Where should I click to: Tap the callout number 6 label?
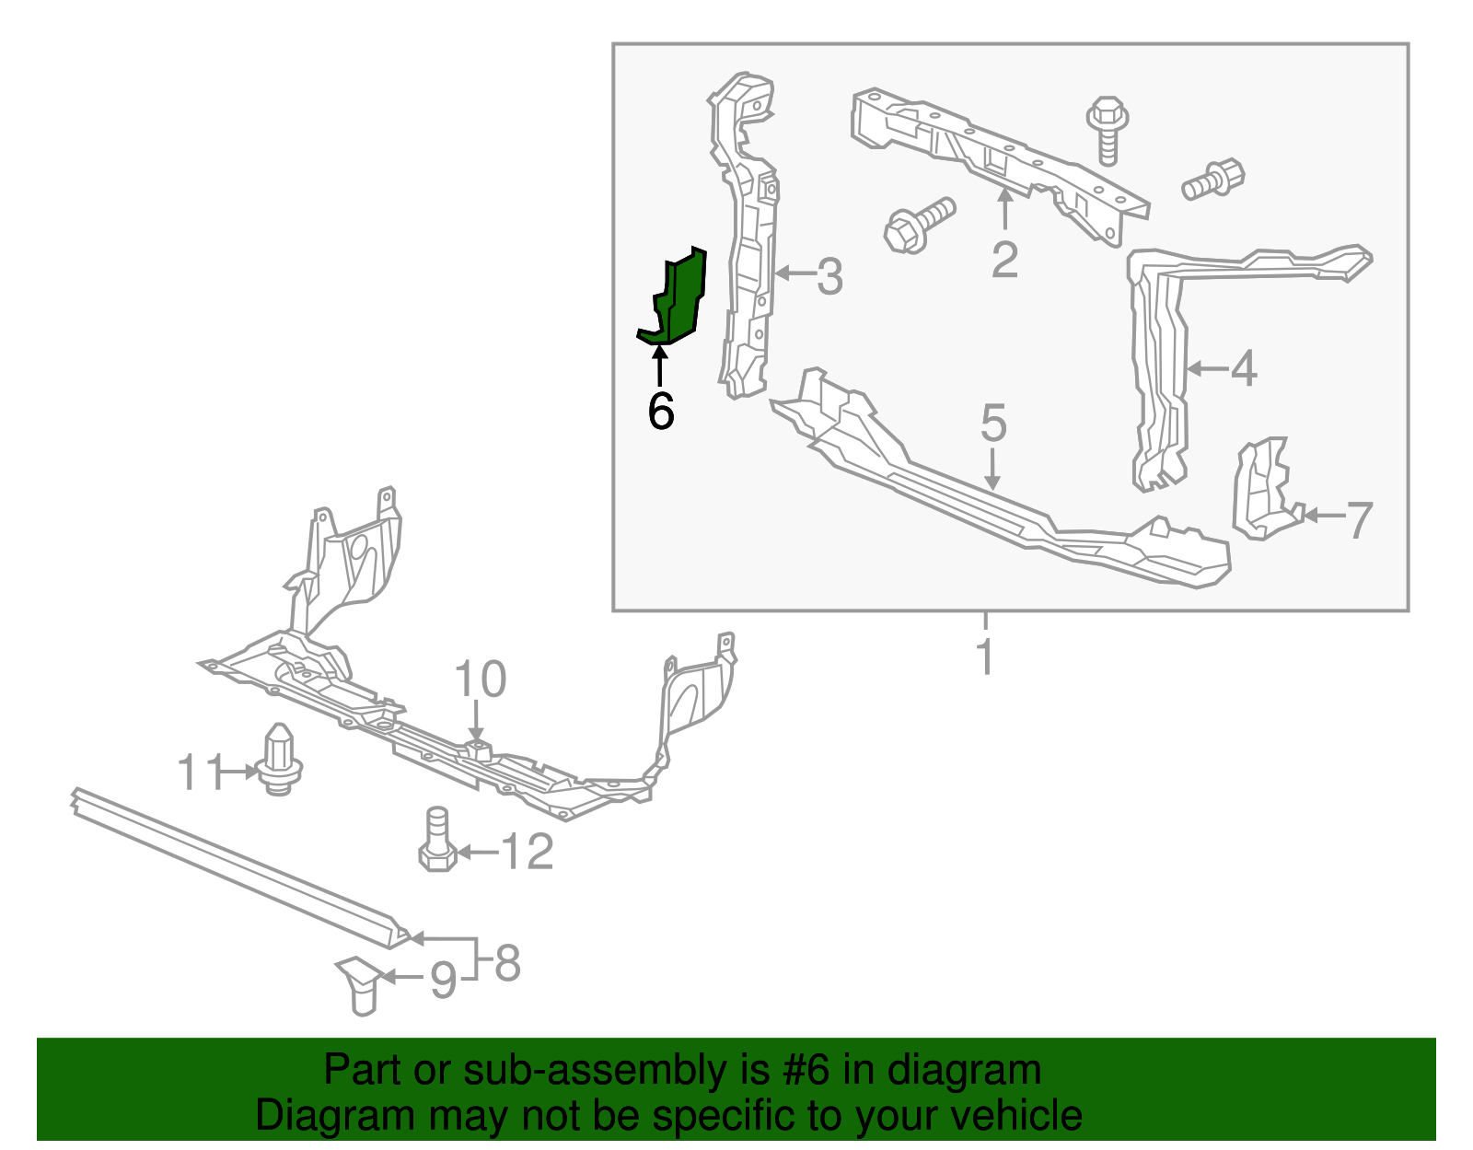point(661,411)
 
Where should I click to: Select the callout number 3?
point(829,275)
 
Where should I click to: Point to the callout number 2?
point(1004,260)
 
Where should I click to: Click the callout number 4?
point(1243,369)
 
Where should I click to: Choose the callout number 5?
point(993,424)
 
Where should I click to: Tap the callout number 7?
point(1359,520)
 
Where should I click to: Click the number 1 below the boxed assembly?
point(985,657)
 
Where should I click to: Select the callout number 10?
point(480,680)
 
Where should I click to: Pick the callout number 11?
point(200,772)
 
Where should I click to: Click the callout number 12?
point(528,853)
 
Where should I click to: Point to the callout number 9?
point(444,981)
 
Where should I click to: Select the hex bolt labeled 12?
point(437,841)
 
